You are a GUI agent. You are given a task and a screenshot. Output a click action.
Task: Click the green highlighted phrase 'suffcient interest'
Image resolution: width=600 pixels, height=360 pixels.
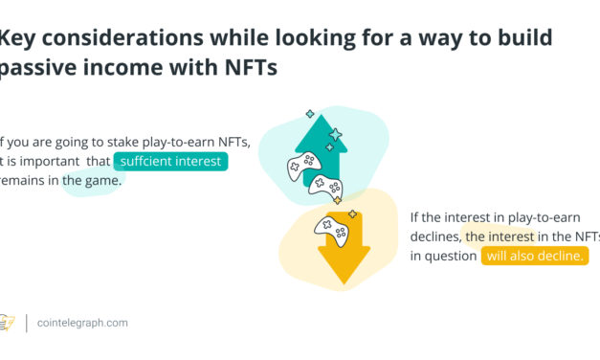pos(170,161)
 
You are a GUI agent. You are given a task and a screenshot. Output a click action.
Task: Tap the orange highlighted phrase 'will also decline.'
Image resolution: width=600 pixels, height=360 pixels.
pos(534,256)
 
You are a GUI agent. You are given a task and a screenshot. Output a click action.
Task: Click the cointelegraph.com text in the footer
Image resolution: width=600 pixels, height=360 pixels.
pos(83,324)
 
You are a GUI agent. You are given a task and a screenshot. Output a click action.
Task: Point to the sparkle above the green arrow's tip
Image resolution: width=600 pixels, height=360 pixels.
pos(310,113)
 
